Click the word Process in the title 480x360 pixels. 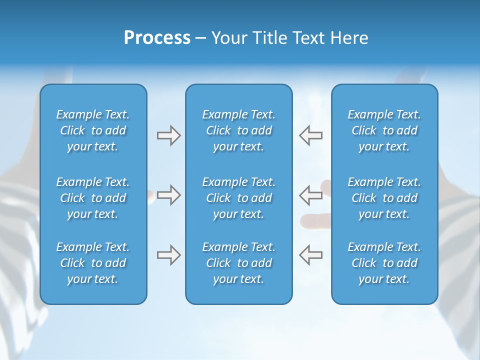[x=157, y=38]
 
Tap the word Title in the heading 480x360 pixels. [x=269, y=38]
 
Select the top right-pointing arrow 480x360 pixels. [x=168, y=135]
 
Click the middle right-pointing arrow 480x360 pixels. [x=168, y=195]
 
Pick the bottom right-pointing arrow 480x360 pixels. [x=168, y=255]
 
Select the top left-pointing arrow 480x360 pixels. [x=310, y=135]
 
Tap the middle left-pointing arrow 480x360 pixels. [x=310, y=195]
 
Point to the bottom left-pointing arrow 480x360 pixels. [x=310, y=255]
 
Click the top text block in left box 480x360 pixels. [x=93, y=130]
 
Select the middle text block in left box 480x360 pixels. [x=93, y=198]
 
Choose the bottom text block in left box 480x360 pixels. [x=93, y=263]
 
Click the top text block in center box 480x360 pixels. [x=238, y=130]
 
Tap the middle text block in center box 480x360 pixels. [x=238, y=198]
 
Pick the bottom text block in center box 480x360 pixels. [x=238, y=263]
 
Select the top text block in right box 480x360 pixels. [x=384, y=130]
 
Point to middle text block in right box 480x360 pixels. [x=384, y=198]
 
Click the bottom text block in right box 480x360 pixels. [x=384, y=263]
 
